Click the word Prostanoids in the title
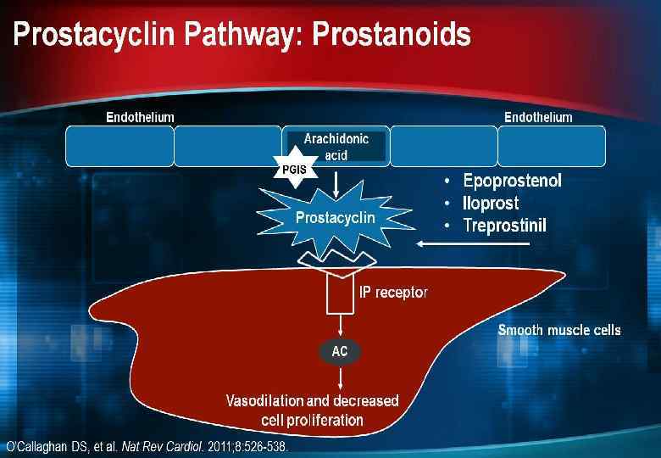392,36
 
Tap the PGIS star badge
293,170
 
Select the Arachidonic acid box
336,147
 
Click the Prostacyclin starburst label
335,218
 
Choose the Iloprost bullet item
491,204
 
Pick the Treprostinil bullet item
505,226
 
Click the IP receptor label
393,293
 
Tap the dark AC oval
340,351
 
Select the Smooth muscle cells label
558,330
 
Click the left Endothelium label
140,117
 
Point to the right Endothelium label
538,117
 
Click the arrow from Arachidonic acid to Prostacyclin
338,181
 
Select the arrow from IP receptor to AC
340,326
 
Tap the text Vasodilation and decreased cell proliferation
312,410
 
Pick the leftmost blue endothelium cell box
119,146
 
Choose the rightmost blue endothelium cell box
552,146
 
